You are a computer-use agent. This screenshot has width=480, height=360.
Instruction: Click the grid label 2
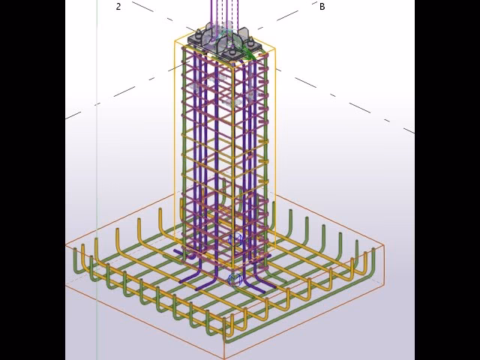point(118,7)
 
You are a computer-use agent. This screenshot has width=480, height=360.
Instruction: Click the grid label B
point(322,7)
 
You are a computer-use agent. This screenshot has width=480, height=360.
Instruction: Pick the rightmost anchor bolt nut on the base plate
point(250,41)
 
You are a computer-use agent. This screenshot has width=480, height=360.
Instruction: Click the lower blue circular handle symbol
point(235,280)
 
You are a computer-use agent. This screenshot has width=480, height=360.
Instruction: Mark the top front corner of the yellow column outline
point(233,67)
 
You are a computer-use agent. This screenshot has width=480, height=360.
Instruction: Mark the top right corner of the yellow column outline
point(274,48)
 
